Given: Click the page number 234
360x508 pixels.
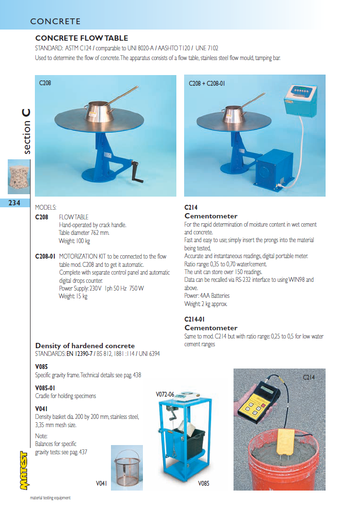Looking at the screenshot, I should pos(15,203).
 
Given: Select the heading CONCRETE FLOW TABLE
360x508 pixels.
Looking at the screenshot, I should pos(81,38).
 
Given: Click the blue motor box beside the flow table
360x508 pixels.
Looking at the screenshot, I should pos(274,169).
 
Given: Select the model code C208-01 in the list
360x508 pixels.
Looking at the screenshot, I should pos(46,257).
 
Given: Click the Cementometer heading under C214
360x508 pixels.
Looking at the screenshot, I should pos(211,216).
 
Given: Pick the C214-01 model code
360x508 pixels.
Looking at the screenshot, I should pos(195,319).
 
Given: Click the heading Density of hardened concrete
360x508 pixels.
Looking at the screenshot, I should pos(85,346).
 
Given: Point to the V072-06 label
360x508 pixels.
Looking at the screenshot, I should pos(165,395).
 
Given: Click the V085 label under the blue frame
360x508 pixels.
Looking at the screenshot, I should pos(203,483).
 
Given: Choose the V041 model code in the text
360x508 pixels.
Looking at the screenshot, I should pos(42,409).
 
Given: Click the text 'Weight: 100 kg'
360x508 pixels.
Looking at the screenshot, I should pos(75,241).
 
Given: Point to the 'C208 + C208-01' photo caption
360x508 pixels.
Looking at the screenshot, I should pos(207,83).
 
